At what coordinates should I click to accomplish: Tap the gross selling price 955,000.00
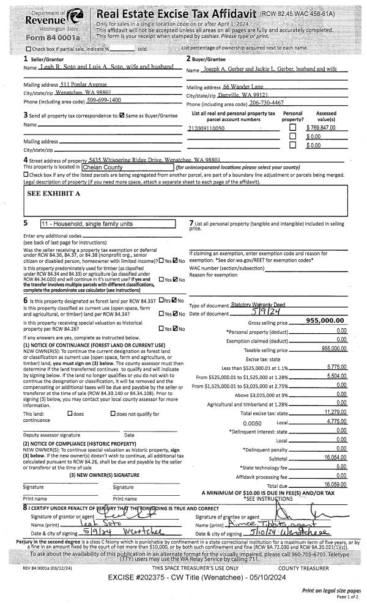pos(326,320)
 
